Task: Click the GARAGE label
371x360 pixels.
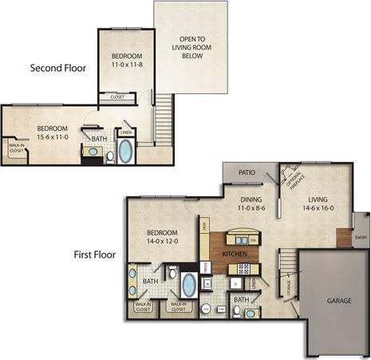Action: tap(338, 302)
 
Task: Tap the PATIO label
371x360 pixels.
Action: tap(247, 172)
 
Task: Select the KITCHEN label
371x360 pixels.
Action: tap(234, 254)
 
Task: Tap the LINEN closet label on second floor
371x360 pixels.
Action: tap(125, 133)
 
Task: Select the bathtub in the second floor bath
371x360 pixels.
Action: tap(126, 151)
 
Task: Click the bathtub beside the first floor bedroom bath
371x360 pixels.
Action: tap(188, 285)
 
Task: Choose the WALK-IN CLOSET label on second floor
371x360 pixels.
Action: tap(16, 147)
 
